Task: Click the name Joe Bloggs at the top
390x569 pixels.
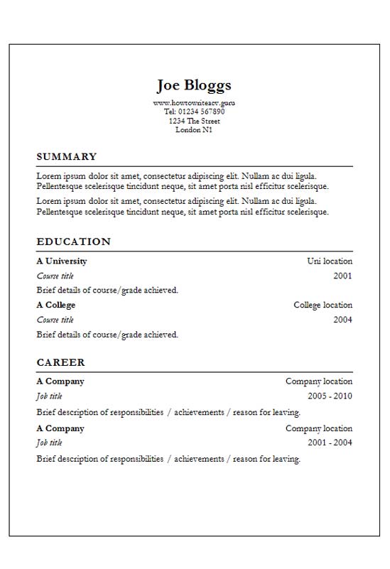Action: (x=194, y=86)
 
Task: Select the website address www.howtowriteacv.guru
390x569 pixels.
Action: (x=194, y=103)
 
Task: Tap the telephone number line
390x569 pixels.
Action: (x=194, y=112)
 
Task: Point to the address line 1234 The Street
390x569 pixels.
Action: (x=194, y=121)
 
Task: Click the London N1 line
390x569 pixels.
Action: (x=194, y=130)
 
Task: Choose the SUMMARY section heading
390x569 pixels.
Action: (x=66, y=157)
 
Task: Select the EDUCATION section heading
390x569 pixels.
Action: (x=74, y=242)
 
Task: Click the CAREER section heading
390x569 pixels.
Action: (x=60, y=362)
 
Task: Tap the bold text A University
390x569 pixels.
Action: (x=62, y=261)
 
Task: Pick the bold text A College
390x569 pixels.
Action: (x=56, y=305)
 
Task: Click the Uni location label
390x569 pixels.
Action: (x=330, y=261)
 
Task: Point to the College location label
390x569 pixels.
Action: (x=323, y=305)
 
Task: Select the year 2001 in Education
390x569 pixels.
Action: (x=342, y=276)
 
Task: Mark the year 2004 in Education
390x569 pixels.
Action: (x=342, y=320)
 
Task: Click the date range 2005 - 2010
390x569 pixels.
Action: (x=330, y=396)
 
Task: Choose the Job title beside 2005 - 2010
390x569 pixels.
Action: (x=49, y=396)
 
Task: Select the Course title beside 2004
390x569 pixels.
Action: (x=55, y=320)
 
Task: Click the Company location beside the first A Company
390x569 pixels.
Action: (x=319, y=381)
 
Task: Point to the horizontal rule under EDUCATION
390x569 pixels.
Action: (x=194, y=251)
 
